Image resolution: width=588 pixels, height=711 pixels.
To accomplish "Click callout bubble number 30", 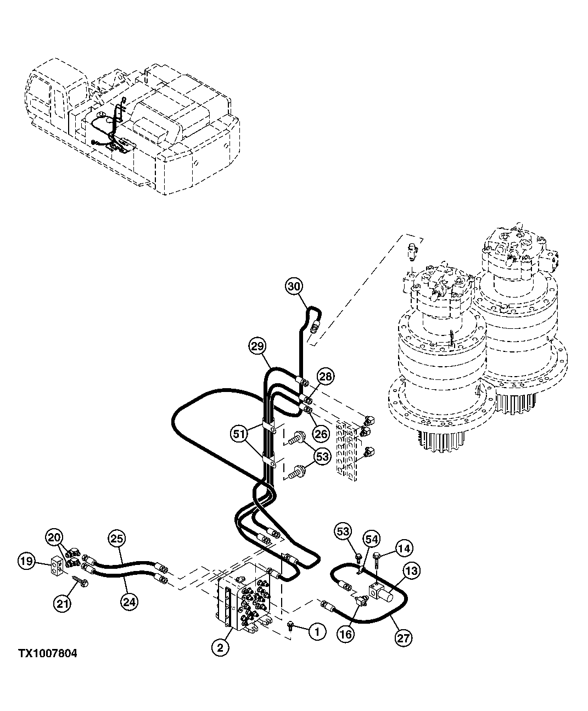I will point(294,286).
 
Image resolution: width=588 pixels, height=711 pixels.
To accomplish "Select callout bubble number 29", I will point(257,346).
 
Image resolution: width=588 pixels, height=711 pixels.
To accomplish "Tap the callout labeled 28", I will point(326,377).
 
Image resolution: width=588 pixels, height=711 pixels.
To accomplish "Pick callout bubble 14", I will point(404,548).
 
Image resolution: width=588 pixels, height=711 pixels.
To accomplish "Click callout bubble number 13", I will point(411,572).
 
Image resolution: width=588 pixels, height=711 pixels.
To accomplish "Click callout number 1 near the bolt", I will point(317,632).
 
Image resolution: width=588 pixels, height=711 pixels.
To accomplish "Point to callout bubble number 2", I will point(220,648).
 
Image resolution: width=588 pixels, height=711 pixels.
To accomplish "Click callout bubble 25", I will point(117,538).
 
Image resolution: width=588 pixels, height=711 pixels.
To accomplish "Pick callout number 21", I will point(62,603).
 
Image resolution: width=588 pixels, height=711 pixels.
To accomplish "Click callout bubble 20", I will point(54,536).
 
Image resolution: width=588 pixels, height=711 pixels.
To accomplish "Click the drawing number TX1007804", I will point(47,653).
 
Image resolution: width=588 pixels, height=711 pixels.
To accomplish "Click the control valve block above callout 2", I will point(247,601).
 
